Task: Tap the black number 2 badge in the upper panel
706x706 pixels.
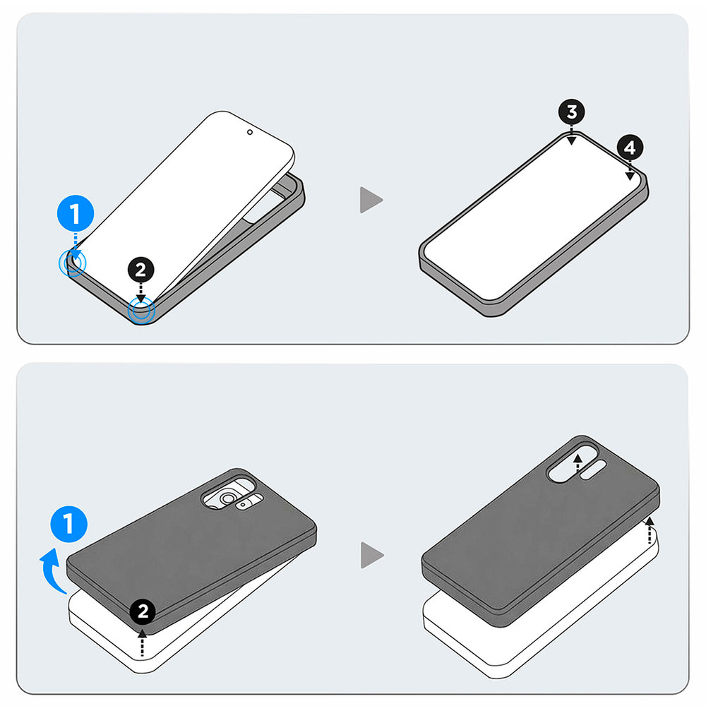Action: point(140,270)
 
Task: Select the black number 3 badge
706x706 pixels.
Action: point(571,112)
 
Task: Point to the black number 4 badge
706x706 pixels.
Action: point(630,148)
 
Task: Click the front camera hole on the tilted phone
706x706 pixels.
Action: point(250,131)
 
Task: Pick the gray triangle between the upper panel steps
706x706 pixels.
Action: point(371,200)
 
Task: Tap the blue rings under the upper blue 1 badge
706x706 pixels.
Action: point(72,264)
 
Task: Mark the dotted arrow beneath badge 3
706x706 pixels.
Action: point(571,136)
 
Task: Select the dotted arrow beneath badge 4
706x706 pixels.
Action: point(630,171)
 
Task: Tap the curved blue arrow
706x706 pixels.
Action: point(51,568)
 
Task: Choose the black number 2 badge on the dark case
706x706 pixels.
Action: point(143,612)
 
